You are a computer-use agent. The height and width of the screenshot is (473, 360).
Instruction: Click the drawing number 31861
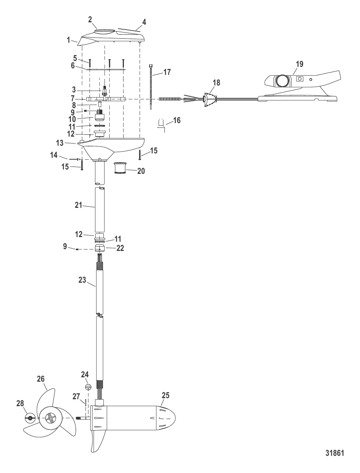pyautogui.click(x=334, y=453)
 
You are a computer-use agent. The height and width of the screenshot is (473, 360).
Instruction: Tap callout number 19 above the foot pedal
pyautogui.click(x=299, y=64)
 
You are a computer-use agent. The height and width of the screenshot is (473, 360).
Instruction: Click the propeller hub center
pyautogui.click(x=49, y=417)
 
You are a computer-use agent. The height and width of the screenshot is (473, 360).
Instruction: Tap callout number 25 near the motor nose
pyautogui.click(x=165, y=396)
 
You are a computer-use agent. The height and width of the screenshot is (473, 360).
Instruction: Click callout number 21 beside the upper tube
pyautogui.click(x=79, y=205)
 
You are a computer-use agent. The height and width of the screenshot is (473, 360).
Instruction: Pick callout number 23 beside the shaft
pyautogui.click(x=82, y=280)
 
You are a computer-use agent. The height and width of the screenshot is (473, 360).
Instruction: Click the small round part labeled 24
pyautogui.click(x=88, y=387)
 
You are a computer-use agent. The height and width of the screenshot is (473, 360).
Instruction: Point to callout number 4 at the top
pyautogui.click(x=144, y=22)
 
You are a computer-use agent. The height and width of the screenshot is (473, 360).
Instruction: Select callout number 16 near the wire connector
pyautogui.click(x=177, y=120)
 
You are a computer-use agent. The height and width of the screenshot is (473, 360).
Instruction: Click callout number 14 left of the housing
pyautogui.click(x=54, y=155)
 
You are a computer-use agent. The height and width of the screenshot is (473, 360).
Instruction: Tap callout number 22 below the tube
pyautogui.click(x=120, y=248)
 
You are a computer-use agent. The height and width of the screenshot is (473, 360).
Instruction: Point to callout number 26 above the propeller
pyautogui.click(x=41, y=379)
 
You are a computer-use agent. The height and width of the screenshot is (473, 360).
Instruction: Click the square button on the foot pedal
pyautogui.click(x=300, y=79)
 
